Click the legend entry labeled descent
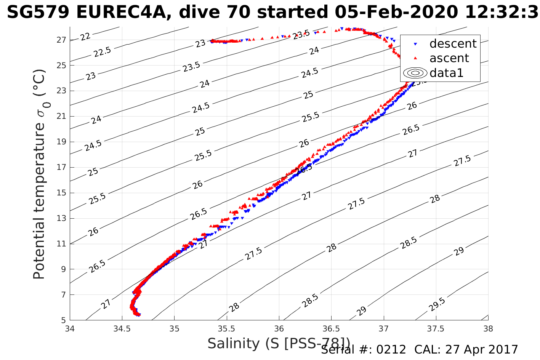[453, 44]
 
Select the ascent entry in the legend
[449, 58]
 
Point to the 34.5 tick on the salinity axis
[122, 328]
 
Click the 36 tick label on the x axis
[279, 328]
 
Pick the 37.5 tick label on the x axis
[436, 328]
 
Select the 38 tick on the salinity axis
[488, 328]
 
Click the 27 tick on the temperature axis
[62, 40]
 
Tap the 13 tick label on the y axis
[62, 218]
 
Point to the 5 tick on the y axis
[64, 320]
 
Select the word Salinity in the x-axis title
[233, 344]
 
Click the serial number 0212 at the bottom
[391, 350]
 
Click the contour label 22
[85, 37]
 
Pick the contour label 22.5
[102, 51]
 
